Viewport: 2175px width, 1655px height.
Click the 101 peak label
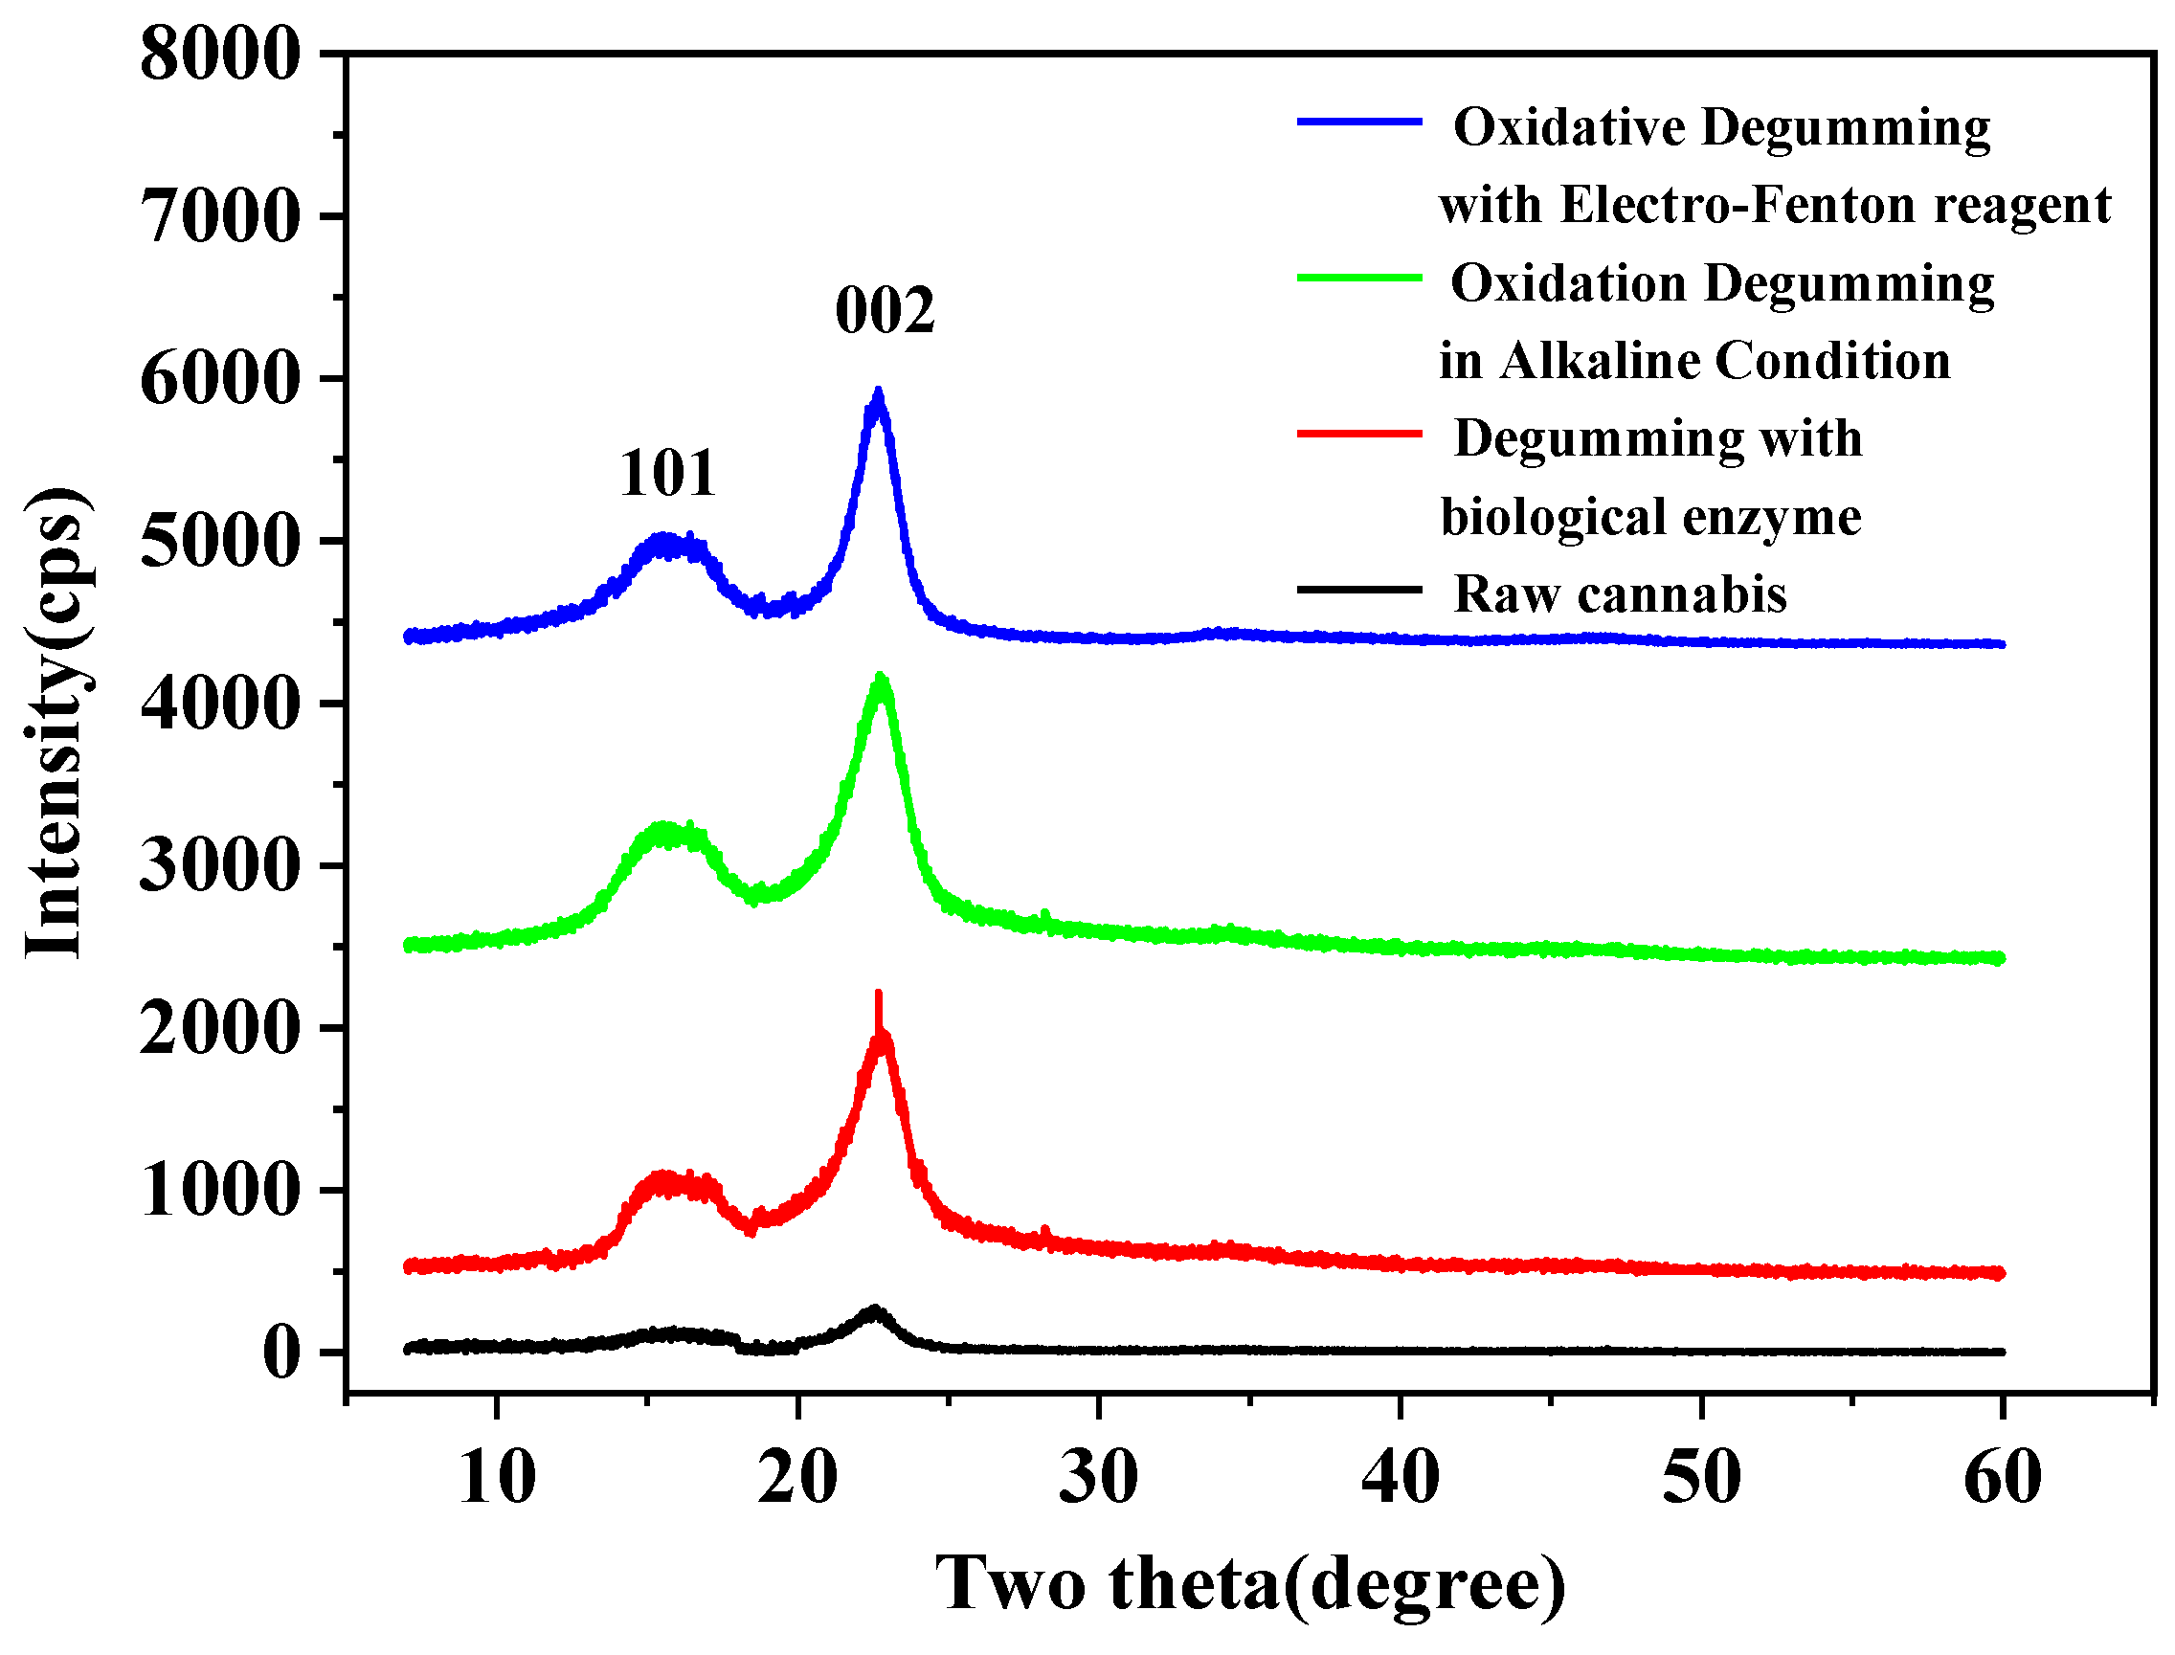click(667, 474)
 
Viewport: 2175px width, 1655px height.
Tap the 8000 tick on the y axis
click(219, 55)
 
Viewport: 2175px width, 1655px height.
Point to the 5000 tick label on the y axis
click(219, 541)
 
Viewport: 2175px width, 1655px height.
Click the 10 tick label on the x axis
click(498, 1478)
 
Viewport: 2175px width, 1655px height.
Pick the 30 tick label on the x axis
click(1098, 1478)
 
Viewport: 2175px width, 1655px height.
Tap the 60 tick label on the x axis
click(2002, 1478)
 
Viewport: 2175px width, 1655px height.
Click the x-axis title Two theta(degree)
click(1249, 1584)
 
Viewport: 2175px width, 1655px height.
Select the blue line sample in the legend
click(1359, 123)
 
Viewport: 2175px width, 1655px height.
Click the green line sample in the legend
click(1359, 278)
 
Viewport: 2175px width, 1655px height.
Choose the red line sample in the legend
click(1359, 434)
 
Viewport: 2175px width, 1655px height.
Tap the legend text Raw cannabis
click(1620, 594)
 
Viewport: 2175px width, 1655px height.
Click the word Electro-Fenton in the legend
click(1739, 206)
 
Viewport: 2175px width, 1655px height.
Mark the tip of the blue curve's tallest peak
click(878, 391)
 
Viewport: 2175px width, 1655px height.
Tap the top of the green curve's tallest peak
click(880, 677)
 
